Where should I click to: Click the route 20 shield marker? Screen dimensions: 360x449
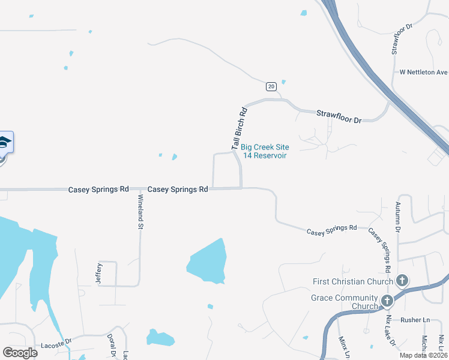pos(271,86)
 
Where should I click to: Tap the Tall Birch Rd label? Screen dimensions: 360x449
pos(239,128)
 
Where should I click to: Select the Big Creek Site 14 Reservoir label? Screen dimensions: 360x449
pos(265,151)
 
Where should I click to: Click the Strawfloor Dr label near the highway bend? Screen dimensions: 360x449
pos(339,116)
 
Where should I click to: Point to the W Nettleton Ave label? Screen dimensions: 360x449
pos(424,72)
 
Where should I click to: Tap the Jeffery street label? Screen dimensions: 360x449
pos(100,274)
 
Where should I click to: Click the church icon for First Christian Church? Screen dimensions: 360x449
pos(402,281)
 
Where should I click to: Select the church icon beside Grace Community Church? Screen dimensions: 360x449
pos(387,300)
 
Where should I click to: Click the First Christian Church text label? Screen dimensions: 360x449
pos(353,281)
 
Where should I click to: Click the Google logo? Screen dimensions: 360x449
pos(20,353)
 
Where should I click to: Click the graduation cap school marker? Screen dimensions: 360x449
pos(4,142)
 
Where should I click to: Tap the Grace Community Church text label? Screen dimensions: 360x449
pos(345,302)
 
